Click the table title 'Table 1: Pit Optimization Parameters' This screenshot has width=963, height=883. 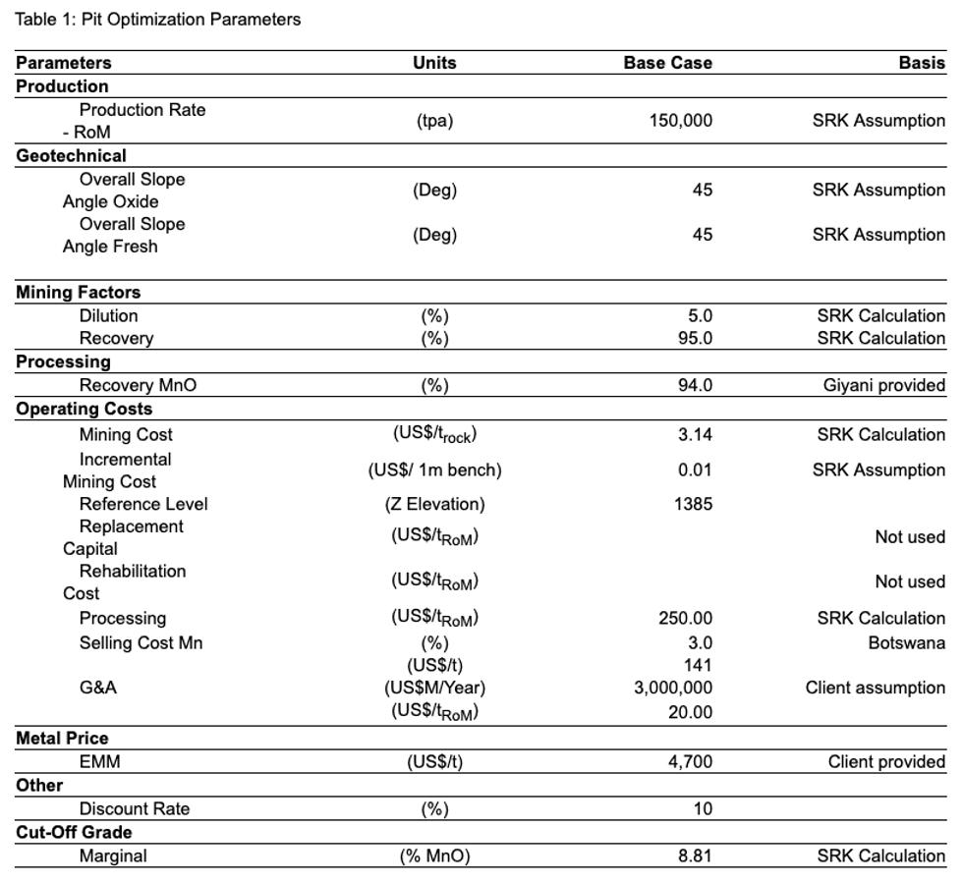[158, 20]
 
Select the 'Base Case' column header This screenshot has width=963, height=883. [667, 63]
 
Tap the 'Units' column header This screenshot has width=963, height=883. [434, 63]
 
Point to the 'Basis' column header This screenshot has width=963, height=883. [922, 63]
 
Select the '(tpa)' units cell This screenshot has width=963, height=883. [434, 121]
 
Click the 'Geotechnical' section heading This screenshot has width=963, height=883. [71, 155]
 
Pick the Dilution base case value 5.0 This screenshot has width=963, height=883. [700, 315]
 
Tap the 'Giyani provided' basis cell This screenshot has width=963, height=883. [883, 385]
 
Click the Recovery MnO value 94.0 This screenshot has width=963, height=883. [695, 385]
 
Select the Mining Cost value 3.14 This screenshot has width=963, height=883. [695, 434]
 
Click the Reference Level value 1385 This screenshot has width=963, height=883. [694, 504]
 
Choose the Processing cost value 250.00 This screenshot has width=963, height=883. [685, 618]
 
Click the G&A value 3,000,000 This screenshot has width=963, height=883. [673, 688]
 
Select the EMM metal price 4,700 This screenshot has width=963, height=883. [690, 761]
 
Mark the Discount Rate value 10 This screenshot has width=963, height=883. [702, 808]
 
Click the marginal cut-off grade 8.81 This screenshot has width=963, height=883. [695, 855]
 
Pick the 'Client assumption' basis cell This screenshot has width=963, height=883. [875, 688]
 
